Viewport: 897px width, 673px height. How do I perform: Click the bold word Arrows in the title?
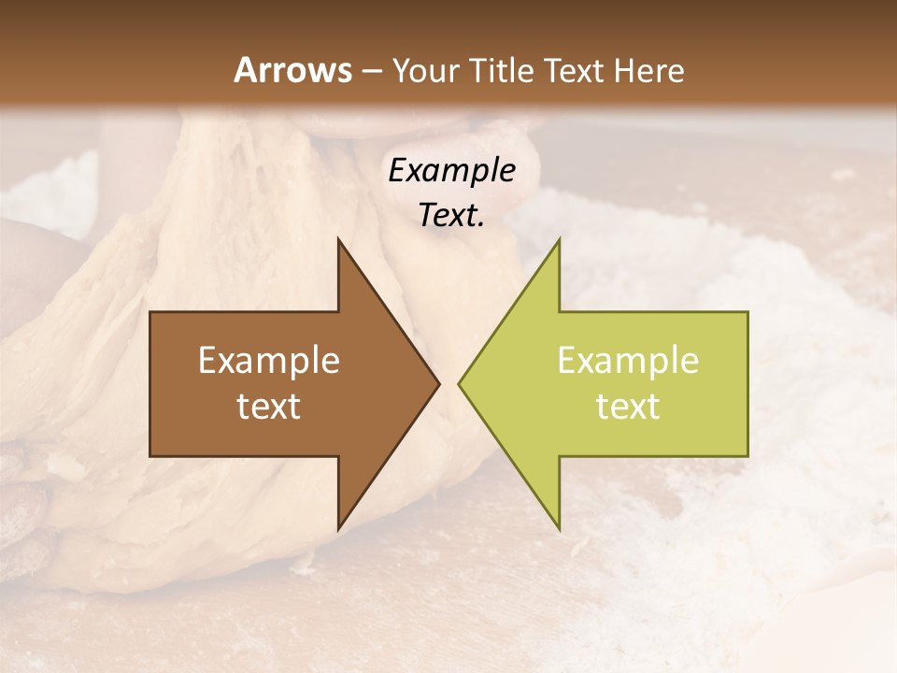click(x=292, y=70)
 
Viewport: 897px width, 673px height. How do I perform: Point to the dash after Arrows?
click(x=371, y=71)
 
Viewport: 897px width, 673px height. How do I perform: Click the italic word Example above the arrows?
click(x=451, y=171)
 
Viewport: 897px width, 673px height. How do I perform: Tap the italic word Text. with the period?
click(x=451, y=215)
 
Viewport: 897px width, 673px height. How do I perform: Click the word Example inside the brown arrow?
click(x=269, y=361)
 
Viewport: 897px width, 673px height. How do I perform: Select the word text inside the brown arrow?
click(x=269, y=406)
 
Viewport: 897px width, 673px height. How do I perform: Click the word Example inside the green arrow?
click(x=628, y=361)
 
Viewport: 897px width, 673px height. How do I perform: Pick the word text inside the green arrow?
click(x=628, y=406)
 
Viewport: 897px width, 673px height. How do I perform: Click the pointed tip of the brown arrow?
click(x=439, y=383)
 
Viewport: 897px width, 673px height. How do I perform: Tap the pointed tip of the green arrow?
click(x=458, y=383)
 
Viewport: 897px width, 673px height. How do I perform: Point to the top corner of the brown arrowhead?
click(x=338, y=238)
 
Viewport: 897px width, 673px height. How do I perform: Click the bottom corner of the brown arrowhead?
click(x=338, y=530)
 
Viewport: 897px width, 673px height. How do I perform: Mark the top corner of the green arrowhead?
click(x=559, y=238)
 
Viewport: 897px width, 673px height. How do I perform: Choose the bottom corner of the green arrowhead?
click(x=559, y=530)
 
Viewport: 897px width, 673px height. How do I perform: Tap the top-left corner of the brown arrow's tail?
click(x=150, y=312)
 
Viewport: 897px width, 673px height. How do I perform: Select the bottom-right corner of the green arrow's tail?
click(x=747, y=456)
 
